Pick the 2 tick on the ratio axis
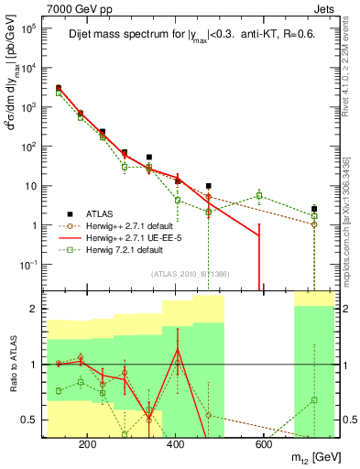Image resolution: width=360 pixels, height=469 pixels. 38,309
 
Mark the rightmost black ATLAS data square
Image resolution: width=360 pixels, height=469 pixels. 314,209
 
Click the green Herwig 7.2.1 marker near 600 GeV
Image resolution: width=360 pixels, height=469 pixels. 259,195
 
